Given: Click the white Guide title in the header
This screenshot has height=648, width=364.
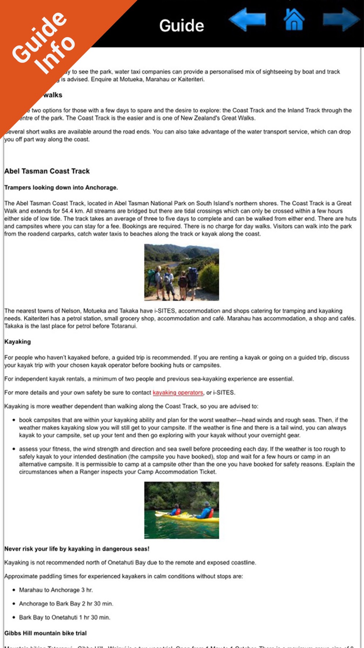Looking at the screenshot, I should tap(182, 26).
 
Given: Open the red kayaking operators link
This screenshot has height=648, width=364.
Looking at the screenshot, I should tap(178, 393).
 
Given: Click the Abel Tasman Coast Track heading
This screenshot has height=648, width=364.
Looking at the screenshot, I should tap(47, 171).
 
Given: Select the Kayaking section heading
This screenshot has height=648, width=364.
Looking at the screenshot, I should tap(17, 341).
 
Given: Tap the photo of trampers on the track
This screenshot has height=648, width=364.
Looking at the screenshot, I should tap(182, 272).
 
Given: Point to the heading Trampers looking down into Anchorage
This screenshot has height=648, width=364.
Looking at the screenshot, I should tap(61, 187).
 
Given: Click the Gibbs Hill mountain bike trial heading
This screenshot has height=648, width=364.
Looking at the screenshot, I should tap(45, 633).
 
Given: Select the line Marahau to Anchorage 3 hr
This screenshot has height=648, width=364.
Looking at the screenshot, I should tap(56, 590).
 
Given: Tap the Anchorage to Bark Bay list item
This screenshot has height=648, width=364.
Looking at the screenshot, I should tap(66, 604).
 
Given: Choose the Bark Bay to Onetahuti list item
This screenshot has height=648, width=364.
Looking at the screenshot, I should tap(64, 617).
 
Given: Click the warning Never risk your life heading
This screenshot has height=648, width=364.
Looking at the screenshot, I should tap(77, 549).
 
